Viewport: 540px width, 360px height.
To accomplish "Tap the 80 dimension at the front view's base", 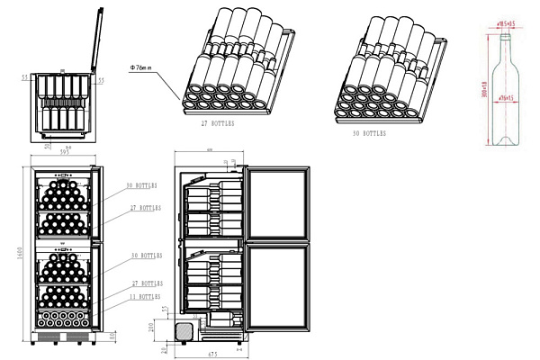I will [x=111, y=336].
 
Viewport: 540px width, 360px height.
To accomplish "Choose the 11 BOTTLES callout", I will [x=144, y=295].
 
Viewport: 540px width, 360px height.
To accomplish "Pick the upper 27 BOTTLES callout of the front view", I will [x=144, y=207].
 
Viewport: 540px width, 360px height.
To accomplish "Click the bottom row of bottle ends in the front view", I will [x=65, y=317].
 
